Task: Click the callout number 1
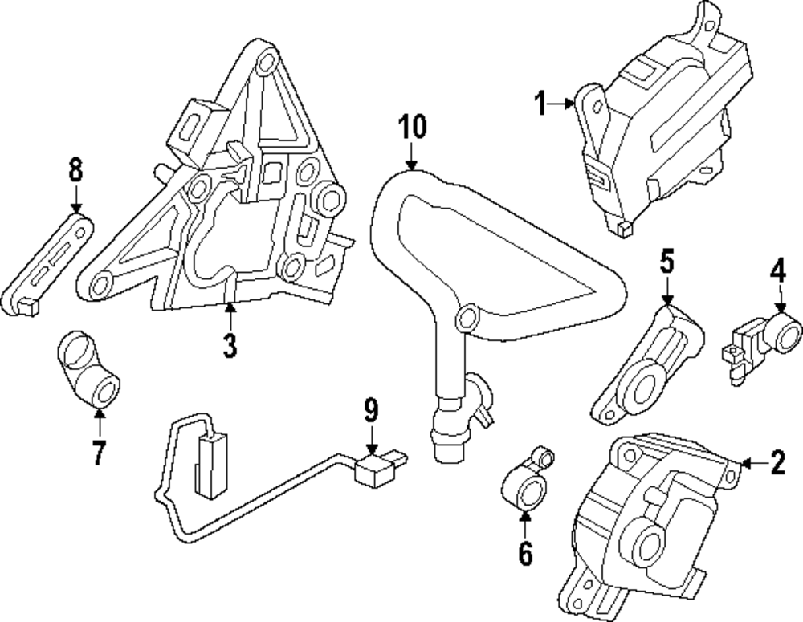coord(540,104)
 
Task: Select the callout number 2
coord(777,463)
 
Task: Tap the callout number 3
coord(230,345)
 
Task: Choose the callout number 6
coord(524,553)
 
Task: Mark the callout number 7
coord(98,453)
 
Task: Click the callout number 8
coord(75,170)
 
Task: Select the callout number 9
coord(370,411)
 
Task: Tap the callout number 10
coord(414,128)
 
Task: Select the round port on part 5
coord(640,388)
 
